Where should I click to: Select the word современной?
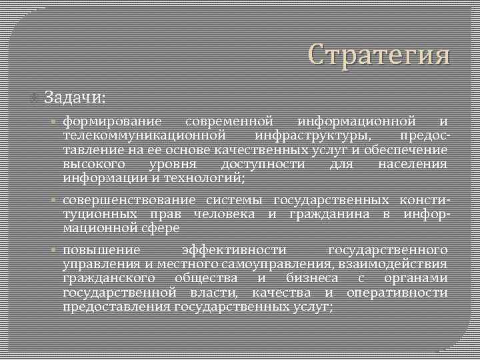coord(229,122)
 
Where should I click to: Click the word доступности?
coord(263,164)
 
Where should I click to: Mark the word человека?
coord(224,214)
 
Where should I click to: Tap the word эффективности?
coord(234,250)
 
